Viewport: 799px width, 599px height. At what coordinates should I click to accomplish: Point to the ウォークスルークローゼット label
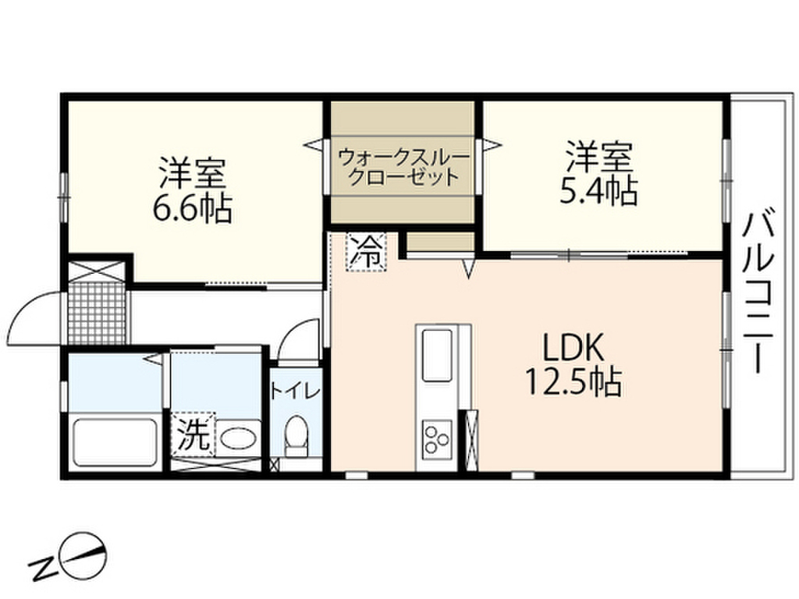(x=403, y=166)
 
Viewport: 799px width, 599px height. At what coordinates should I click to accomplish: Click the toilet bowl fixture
(x=296, y=433)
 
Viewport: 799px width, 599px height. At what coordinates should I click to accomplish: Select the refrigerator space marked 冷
(x=366, y=251)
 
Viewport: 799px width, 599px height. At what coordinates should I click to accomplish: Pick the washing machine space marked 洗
(x=192, y=433)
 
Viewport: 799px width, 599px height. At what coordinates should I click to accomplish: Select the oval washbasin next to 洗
(x=238, y=438)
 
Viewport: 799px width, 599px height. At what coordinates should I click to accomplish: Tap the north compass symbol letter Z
(x=38, y=570)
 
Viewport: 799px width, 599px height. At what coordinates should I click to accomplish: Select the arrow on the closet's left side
(x=313, y=144)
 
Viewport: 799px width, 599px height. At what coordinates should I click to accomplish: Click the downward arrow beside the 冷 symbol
(x=470, y=269)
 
